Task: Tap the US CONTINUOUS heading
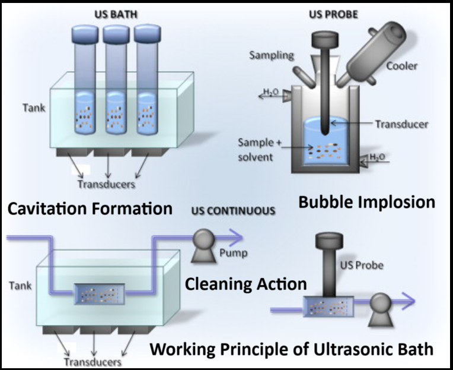click(233, 210)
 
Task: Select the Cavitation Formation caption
click(89, 208)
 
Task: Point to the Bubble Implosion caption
click(366, 201)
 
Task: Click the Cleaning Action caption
click(246, 284)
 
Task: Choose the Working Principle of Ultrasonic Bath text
click(291, 349)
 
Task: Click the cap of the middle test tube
click(116, 34)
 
